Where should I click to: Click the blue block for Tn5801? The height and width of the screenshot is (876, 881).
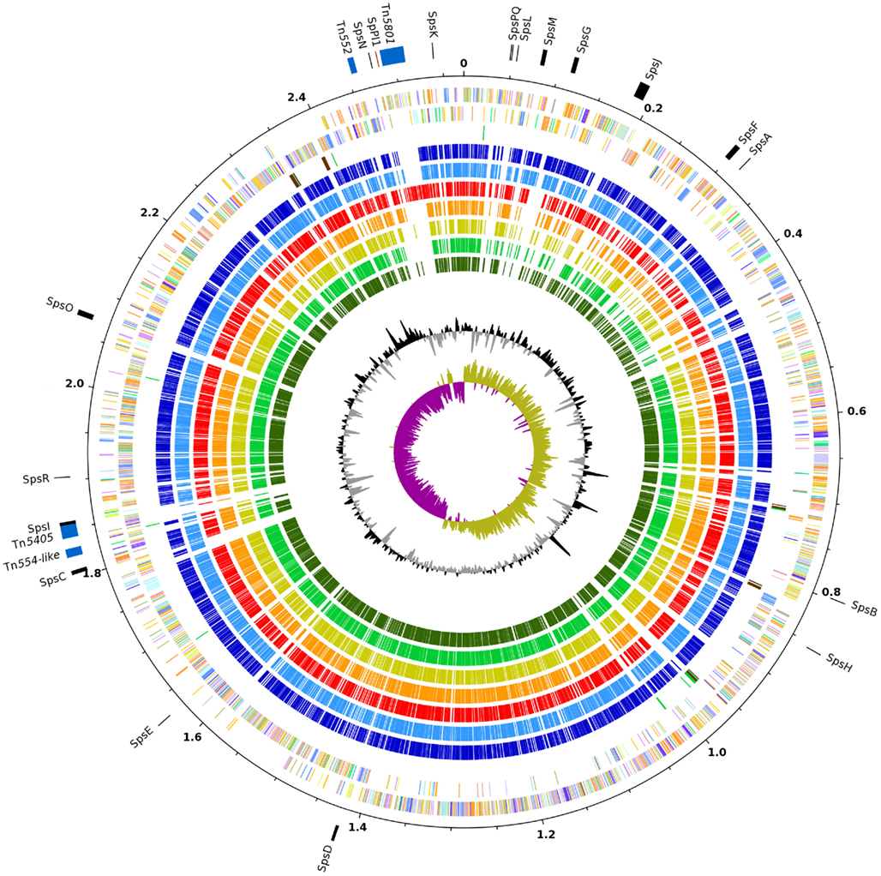(393, 56)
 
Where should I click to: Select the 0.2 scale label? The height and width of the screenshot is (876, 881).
(654, 109)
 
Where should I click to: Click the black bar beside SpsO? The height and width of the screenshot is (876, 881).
(86, 315)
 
